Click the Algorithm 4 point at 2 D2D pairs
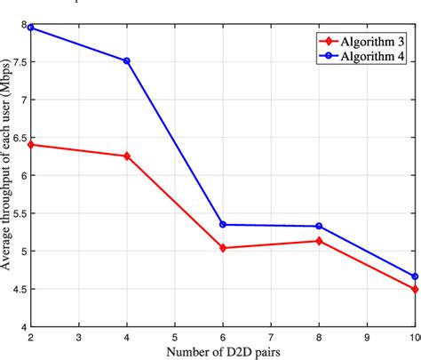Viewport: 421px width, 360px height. [x=31, y=28]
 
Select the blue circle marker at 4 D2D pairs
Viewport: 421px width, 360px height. [x=126, y=61]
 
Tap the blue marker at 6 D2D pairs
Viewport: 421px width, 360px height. [x=222, y=225]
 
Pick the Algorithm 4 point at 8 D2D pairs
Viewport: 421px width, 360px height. [x=318, y=227]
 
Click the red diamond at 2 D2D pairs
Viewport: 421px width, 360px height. [x=31, y=144]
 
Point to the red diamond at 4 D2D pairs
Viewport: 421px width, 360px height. [x=126, y=156]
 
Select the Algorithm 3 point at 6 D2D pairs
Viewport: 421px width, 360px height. [x=222, y=248]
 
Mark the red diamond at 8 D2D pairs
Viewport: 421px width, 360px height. [x=318, y=241]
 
